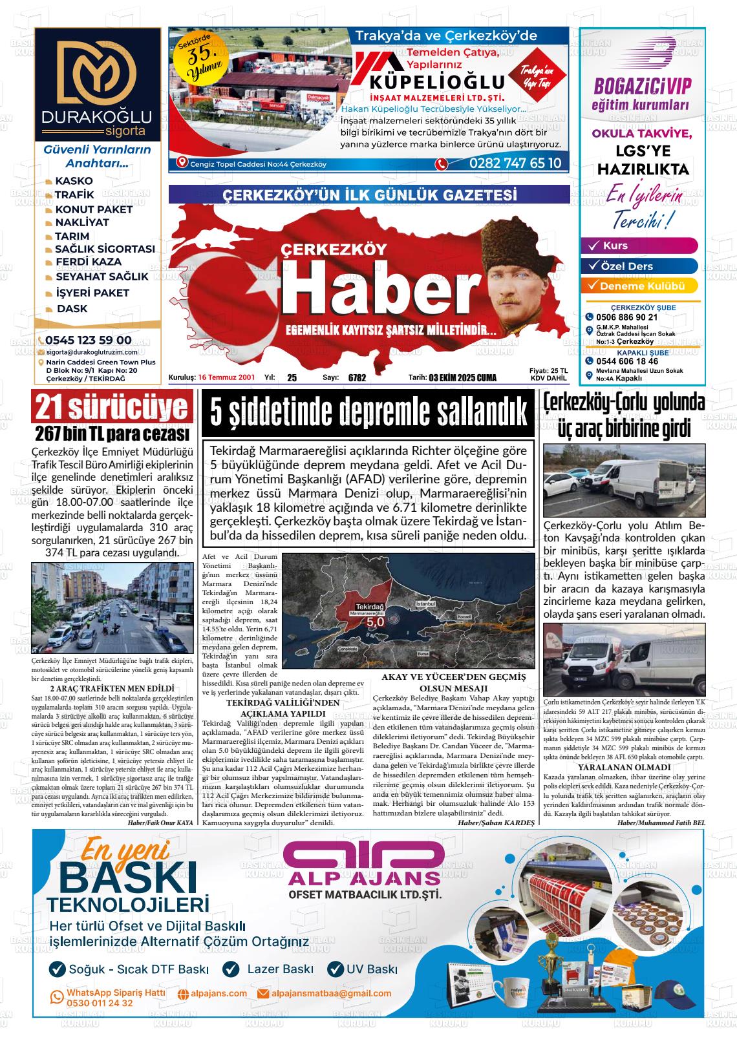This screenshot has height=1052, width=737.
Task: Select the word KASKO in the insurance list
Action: tap(74, 181)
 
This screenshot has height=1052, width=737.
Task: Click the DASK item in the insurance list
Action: tap(72, 309)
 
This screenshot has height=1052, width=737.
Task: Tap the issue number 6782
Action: tap(357, 378)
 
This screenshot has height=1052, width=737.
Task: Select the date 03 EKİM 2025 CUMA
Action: tap(462, 378)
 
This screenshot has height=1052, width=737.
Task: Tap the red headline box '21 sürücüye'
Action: tap(112, 408)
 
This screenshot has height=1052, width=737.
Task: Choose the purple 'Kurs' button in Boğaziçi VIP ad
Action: tap(639, 246)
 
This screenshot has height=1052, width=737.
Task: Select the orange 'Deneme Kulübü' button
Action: tap(639, 286)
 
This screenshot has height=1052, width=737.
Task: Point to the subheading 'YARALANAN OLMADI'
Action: tap(623, 767)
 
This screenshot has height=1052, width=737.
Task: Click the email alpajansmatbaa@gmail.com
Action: tap(332, 993)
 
